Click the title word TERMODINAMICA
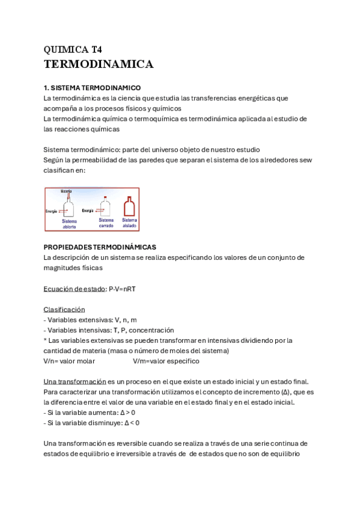(99, 64)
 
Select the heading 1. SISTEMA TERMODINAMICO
(92, 88)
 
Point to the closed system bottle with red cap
(106, 207)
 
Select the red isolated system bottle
(129, 207)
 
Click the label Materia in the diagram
(66, 191)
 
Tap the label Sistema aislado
(129, 223)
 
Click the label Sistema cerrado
(106, 223)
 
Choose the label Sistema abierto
(70, 224)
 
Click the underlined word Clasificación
(64, 310)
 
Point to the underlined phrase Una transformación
(74, 382)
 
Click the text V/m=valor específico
(166, 361)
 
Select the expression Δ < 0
(130, 423)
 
